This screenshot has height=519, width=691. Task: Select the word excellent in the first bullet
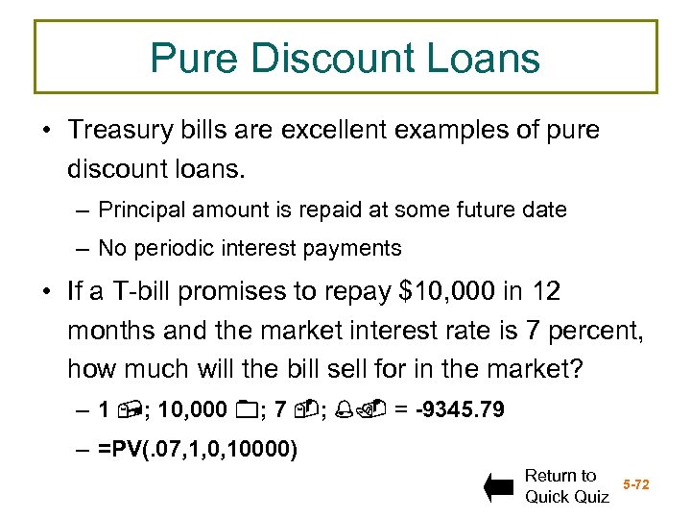click(x=366, y=130)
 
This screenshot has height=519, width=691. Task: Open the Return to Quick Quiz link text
click(x=566, y=486)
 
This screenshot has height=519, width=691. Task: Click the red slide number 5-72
click(x=636, y=484)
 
